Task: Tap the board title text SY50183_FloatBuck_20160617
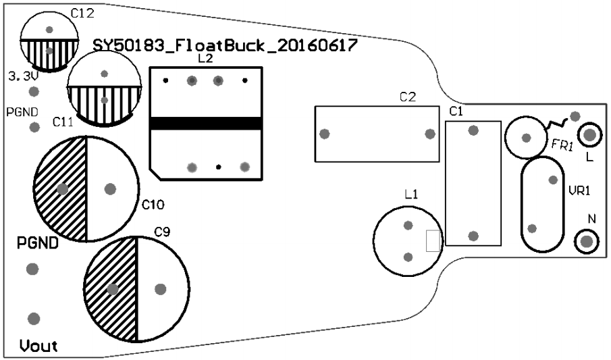[x=224, y=46]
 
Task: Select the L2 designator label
[x=205, y=59]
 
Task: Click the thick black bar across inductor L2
[x=205, y=124]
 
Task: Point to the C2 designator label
[x=407, y=97]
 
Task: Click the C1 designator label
[x=456, y=111]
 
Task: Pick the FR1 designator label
[x=562, y=145]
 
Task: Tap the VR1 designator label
[x=579, y=190]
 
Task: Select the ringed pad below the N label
[x=586, y=241]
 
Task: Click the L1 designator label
[x=411, y=195]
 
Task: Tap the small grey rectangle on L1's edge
[x=433, y=241]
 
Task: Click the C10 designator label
[x=153, y=204]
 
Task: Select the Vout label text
[x=38, y=346]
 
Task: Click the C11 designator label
[x=63, y=123]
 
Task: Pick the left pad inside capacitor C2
[x=325, y=134]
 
